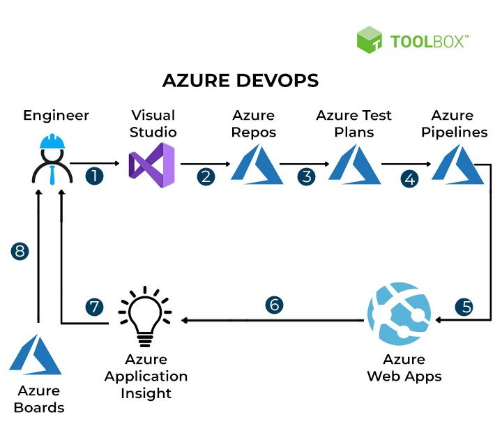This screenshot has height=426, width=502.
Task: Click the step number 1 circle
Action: coord(94,176)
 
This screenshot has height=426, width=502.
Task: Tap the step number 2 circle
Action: coord(206,176)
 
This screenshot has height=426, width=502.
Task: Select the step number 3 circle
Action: coord(306,176)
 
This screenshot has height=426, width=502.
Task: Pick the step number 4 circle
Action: coord(411,178)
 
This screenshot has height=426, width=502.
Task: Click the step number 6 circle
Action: coord(274,305)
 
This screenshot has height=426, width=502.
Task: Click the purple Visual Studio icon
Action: coord(152,165)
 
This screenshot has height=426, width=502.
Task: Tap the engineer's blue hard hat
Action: coord(52,143)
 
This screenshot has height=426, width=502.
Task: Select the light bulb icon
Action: coord(145,317)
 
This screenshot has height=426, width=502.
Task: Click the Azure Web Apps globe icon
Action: coord(400,315)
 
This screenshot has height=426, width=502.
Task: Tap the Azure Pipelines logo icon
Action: coord(458,165)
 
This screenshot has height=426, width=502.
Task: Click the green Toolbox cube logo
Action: coord(370,40)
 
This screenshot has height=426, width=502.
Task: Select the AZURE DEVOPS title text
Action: coord(241,80)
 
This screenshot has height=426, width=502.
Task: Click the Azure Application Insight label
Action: coord(146,376)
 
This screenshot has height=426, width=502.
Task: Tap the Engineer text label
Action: coord(56,115)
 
